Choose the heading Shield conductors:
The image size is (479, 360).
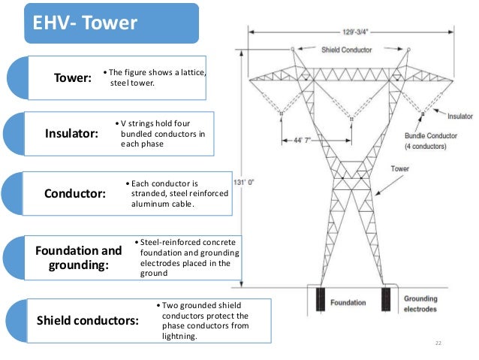coord(88,320)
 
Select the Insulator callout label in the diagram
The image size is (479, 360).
coord(459,117)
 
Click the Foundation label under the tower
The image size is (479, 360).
coord(351,302)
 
